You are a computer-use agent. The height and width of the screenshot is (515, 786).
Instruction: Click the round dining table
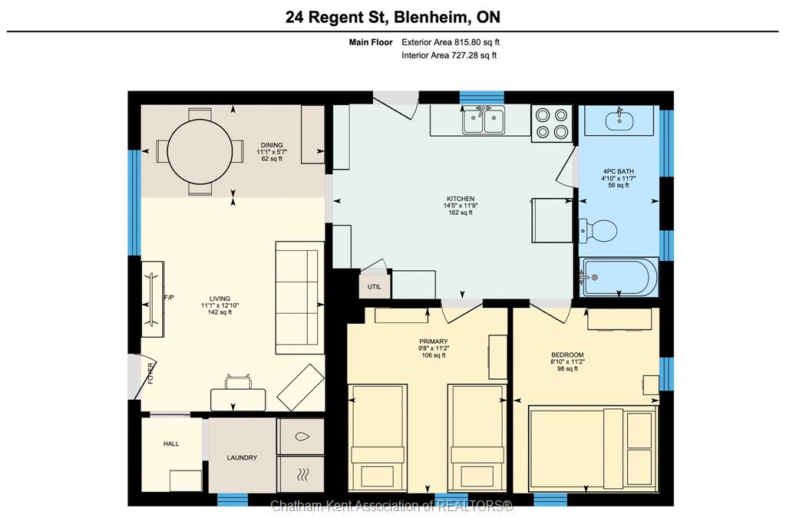pyautogui.click(x=200, y=151)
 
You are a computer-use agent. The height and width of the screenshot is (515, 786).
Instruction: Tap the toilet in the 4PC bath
pyautogui.click(x=598, y=231)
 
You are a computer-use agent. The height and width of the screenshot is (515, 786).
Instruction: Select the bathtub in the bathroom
pyautogui.click(x=619, y=277)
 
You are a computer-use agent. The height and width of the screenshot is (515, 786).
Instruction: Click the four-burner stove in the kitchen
pyautogui.click(x=551, y=124)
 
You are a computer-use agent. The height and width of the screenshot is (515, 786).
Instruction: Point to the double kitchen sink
pyautogui.click(x=483, y=120)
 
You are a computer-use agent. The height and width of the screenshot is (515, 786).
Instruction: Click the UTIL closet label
pyautogui.click(x=374, y=287)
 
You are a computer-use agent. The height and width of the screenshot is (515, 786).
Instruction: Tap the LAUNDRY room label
pyautogui.click(x=242, y=457)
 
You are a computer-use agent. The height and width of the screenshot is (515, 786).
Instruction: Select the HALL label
pyautogui.click(x=171, y=444)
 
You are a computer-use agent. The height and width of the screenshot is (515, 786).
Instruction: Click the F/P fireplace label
pyautogui.click(x=169, y=297)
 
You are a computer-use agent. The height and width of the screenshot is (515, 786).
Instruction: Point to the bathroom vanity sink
pyautogui.click(x=619, y=120)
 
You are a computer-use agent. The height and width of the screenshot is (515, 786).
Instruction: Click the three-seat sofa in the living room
pyautogui.click(x=299, y=298)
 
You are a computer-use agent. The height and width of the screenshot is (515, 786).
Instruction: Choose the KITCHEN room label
pyautogui.click(x=461, y=199)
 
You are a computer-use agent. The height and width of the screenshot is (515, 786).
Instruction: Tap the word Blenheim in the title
pyautogui.click(x=431, y=17)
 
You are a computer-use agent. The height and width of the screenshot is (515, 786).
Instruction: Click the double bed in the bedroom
pyautogui.click(x=593, y=448)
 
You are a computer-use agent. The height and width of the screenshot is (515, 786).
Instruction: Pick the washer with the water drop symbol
pyautogui.click(x=301, y=436)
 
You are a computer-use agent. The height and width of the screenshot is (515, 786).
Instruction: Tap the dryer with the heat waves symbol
pyautogui.click(x=301, y=474)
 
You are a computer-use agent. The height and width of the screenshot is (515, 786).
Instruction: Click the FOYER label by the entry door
pyautogui.click(x=150, y=373)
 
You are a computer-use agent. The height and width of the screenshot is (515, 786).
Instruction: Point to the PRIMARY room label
pyautogui.click(x=434, y=342)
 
